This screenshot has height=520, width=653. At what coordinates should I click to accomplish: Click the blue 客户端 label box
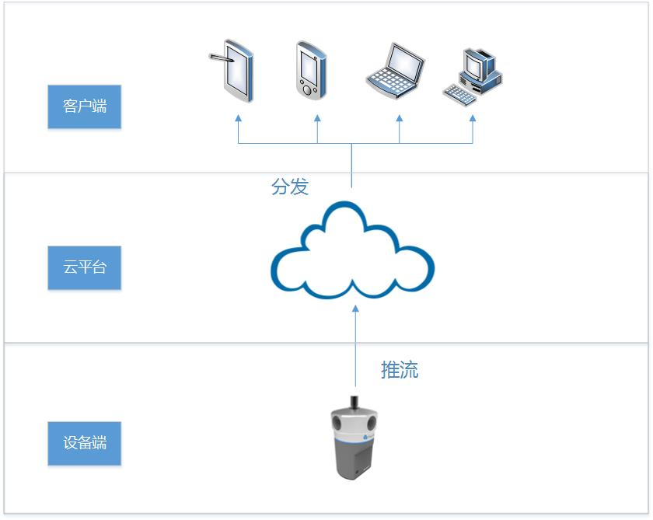point(85,106)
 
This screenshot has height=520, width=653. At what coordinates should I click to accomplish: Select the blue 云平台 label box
point(85,268)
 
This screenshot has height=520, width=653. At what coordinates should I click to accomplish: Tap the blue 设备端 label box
point(85,444)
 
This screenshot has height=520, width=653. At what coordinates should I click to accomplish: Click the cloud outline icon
point(352,250)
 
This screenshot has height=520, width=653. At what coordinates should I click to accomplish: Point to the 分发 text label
point(290,187)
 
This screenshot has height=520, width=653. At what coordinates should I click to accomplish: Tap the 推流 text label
point(400,370)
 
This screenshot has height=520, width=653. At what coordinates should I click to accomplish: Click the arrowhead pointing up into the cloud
point(356,309)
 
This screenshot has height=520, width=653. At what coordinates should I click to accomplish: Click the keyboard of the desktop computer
point(459,95)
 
